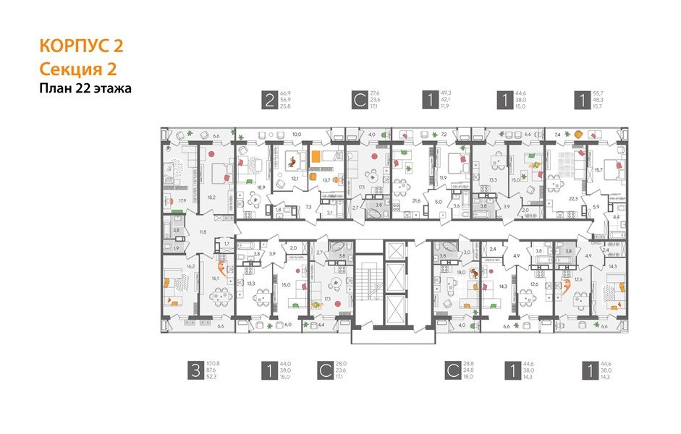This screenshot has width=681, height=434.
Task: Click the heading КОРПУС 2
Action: (81, 47)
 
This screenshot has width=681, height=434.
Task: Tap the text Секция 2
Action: (77, 69)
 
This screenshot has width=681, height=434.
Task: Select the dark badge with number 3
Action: (195, 371)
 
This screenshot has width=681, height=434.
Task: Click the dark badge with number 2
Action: (270, 100)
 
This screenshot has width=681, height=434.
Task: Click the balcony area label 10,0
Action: (296, 135)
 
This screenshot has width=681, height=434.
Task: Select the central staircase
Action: (369, 283)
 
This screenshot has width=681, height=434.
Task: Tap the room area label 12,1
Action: (295, 177)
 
